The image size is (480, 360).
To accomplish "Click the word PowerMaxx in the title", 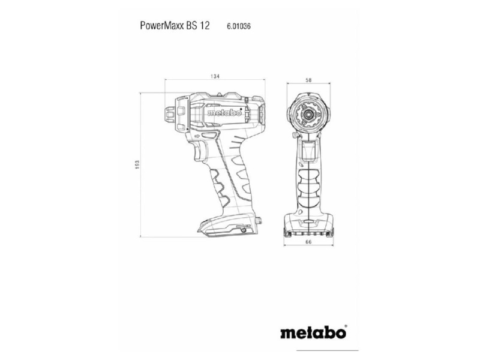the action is click(x=162, y=25).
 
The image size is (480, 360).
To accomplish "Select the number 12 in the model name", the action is click(x=205, y=25).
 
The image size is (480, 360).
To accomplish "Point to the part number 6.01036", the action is click(x=239, y=26).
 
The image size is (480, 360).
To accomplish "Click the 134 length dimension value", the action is click(x=215, y=76).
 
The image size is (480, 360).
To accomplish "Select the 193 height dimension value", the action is click(x=137, y=164).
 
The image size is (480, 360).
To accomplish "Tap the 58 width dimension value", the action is click(x=308, y=80).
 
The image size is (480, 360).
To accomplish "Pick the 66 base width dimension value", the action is click(x=308, y=242).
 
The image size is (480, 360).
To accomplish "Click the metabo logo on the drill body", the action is click(x=224, y=113).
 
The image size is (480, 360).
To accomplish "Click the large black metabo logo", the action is click(x=313, y=332).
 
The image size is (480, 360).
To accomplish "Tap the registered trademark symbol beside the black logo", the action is click(x=346, y=326).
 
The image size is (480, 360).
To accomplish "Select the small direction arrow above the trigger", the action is click(x=197, y=136).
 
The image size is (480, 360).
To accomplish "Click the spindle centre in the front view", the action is click(x=308, y=114).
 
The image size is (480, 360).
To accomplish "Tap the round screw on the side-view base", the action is click(x=244, y=230).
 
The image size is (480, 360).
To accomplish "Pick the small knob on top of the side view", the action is click(x=219, y=95).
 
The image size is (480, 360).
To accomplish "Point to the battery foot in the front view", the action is click(x=308, y=225).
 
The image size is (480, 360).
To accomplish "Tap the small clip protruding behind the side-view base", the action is click(x=259, y=220).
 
